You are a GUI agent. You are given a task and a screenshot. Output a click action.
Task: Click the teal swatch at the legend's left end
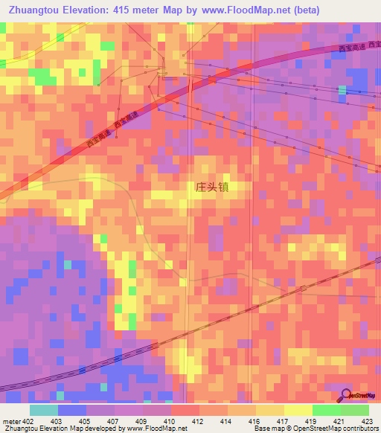point(44,410)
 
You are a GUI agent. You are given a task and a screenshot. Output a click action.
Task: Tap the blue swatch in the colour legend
point(72,410)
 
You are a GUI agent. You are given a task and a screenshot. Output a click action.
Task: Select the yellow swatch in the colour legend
point(270,410)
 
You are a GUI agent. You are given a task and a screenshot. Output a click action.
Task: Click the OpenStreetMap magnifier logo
point(346,394)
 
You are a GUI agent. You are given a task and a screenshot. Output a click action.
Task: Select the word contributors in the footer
point(359,429)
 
